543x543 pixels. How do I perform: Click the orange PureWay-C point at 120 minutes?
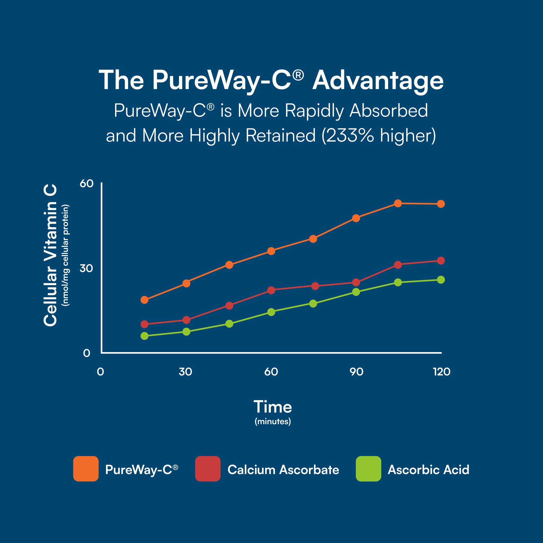tap(441, 204)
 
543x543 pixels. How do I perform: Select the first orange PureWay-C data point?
tap(144, 300)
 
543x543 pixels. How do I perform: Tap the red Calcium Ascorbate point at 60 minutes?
tap(271, 290)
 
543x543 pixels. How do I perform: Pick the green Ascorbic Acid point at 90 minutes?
tap(356, 292)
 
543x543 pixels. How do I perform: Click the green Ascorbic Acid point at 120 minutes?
tap(441, 280)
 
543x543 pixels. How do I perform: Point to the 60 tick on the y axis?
tap(86, 183)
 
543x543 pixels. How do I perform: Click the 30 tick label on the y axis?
tap(86, 268)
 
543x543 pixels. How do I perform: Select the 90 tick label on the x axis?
tap(356, 372)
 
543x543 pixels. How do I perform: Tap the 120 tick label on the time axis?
tap(441, 372)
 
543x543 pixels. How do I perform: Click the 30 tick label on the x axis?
tap(186, 372)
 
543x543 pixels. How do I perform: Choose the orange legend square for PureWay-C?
tap(86, 469)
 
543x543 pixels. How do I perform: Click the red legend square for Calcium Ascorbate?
tap(208, 469)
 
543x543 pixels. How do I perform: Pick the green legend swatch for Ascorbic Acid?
tap(369, 469)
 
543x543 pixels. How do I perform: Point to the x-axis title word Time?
tap(273, 407)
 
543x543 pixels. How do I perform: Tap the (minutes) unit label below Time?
tap(273, 422)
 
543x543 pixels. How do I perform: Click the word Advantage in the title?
tap(378, 81)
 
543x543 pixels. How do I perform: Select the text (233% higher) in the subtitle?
tap(379, 135)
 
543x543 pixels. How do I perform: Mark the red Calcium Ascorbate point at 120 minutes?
tap(441, 261)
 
